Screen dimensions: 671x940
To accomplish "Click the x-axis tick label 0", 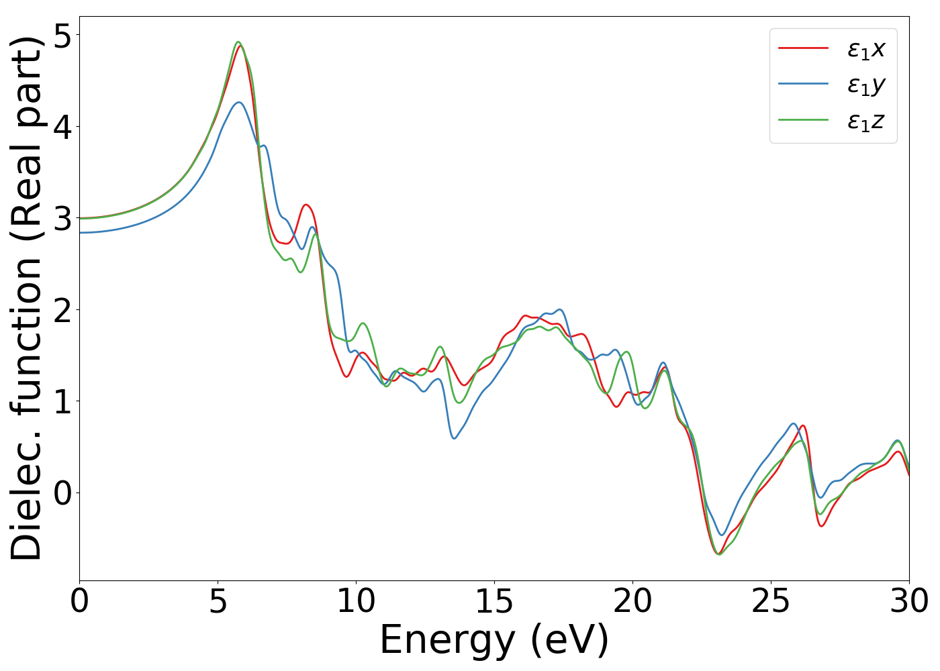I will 79,602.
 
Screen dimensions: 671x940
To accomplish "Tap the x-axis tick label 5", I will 218,602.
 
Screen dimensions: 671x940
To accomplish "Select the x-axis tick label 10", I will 356,602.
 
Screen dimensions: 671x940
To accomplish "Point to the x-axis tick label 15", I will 494,602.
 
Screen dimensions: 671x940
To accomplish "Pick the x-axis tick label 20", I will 632,602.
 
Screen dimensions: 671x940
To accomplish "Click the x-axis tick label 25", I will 771,602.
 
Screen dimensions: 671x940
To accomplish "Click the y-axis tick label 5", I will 62,36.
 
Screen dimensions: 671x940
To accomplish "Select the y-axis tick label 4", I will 62,127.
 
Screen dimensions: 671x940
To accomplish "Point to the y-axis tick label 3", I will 62,218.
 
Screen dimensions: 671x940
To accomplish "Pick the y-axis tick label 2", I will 62,309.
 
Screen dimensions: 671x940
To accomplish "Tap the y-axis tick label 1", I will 62,401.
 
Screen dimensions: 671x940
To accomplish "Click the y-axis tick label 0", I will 62,493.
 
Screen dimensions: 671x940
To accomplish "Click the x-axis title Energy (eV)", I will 494,640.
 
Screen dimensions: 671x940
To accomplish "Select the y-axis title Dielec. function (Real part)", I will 27,299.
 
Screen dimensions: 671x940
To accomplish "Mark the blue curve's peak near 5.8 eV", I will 239,102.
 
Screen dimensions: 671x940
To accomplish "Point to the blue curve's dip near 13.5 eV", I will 455,438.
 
